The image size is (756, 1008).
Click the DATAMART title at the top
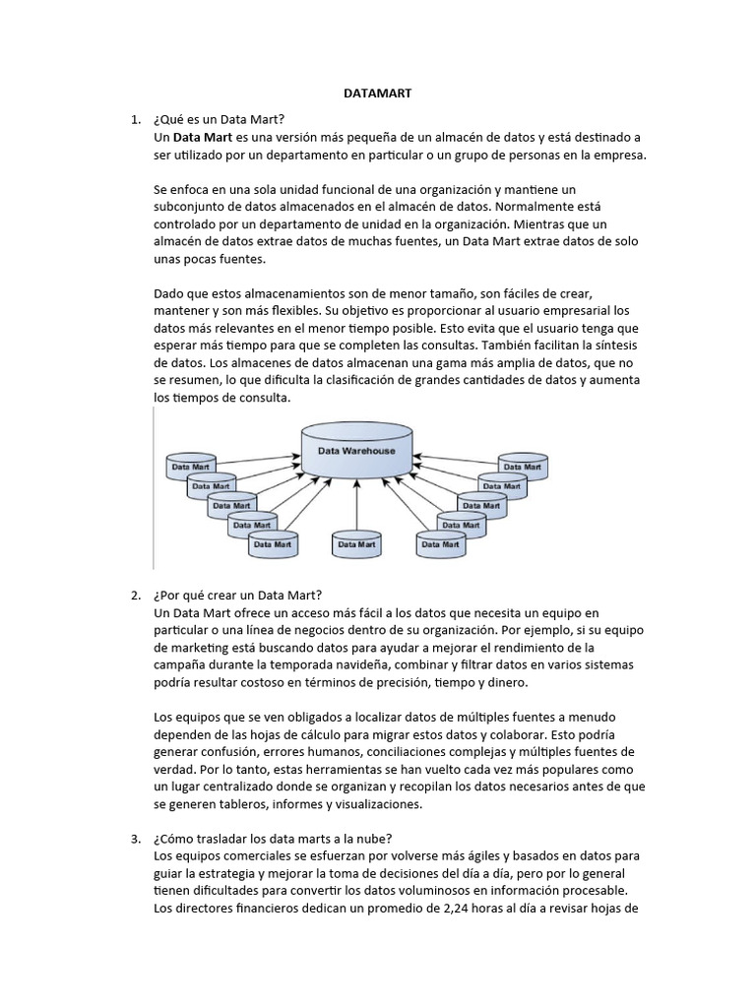(x=377, y=94)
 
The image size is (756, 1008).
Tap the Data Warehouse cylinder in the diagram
(x=356, y=451)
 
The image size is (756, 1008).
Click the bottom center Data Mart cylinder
(x=356, y=542)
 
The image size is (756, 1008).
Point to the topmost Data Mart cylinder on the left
(x=190, y=466)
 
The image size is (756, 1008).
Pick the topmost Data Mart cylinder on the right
(x=522, y=466)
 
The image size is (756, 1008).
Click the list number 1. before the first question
(x=136, y=119)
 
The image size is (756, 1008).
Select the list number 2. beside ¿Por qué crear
(x=136, y=596)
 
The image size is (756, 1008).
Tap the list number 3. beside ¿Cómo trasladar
(x=136, y=838)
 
